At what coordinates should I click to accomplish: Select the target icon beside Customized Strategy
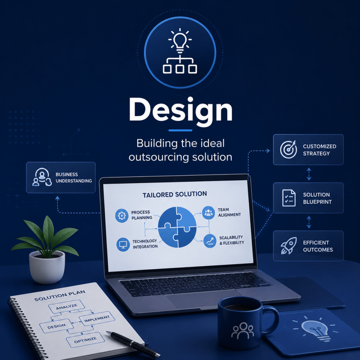click(288, 149)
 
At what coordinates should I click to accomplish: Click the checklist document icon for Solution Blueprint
click(289, 198)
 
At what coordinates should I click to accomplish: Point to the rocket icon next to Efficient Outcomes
click(289, 246)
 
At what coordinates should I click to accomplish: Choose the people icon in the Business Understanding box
click(42, 177)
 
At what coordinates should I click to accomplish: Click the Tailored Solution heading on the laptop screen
click(174, 194)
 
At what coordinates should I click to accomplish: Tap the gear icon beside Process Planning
click(121, 216)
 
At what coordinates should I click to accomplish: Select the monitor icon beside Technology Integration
click(123, 244)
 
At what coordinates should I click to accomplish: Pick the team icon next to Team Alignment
click(208, 213)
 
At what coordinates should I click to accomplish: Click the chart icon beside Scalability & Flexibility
click(210, 241)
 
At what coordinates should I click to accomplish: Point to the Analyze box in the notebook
click(66, 307)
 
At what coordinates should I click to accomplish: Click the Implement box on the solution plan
click(97, 319)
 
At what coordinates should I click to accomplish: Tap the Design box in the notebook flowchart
click(57, 326)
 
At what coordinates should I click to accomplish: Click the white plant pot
click(47, 267)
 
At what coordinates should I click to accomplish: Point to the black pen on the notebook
click(133, 345)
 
